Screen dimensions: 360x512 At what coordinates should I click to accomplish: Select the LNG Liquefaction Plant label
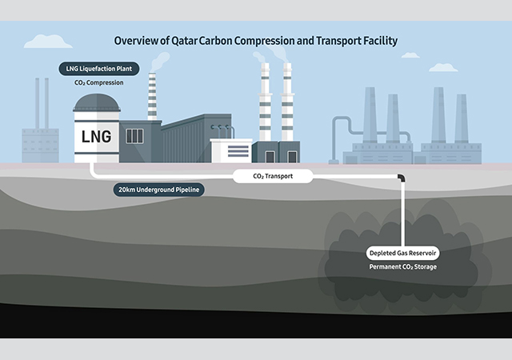(98, 70)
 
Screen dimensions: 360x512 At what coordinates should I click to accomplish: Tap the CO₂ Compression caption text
(98, 82)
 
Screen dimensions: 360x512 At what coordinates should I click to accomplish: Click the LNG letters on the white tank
(97, 136)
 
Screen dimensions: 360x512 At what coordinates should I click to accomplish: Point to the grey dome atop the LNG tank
(97, 102)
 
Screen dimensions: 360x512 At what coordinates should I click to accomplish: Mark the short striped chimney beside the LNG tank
(151, 100)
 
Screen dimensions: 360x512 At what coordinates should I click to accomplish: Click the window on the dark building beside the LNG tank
(134, 136)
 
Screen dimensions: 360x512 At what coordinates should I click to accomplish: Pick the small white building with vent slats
(230, 150)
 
